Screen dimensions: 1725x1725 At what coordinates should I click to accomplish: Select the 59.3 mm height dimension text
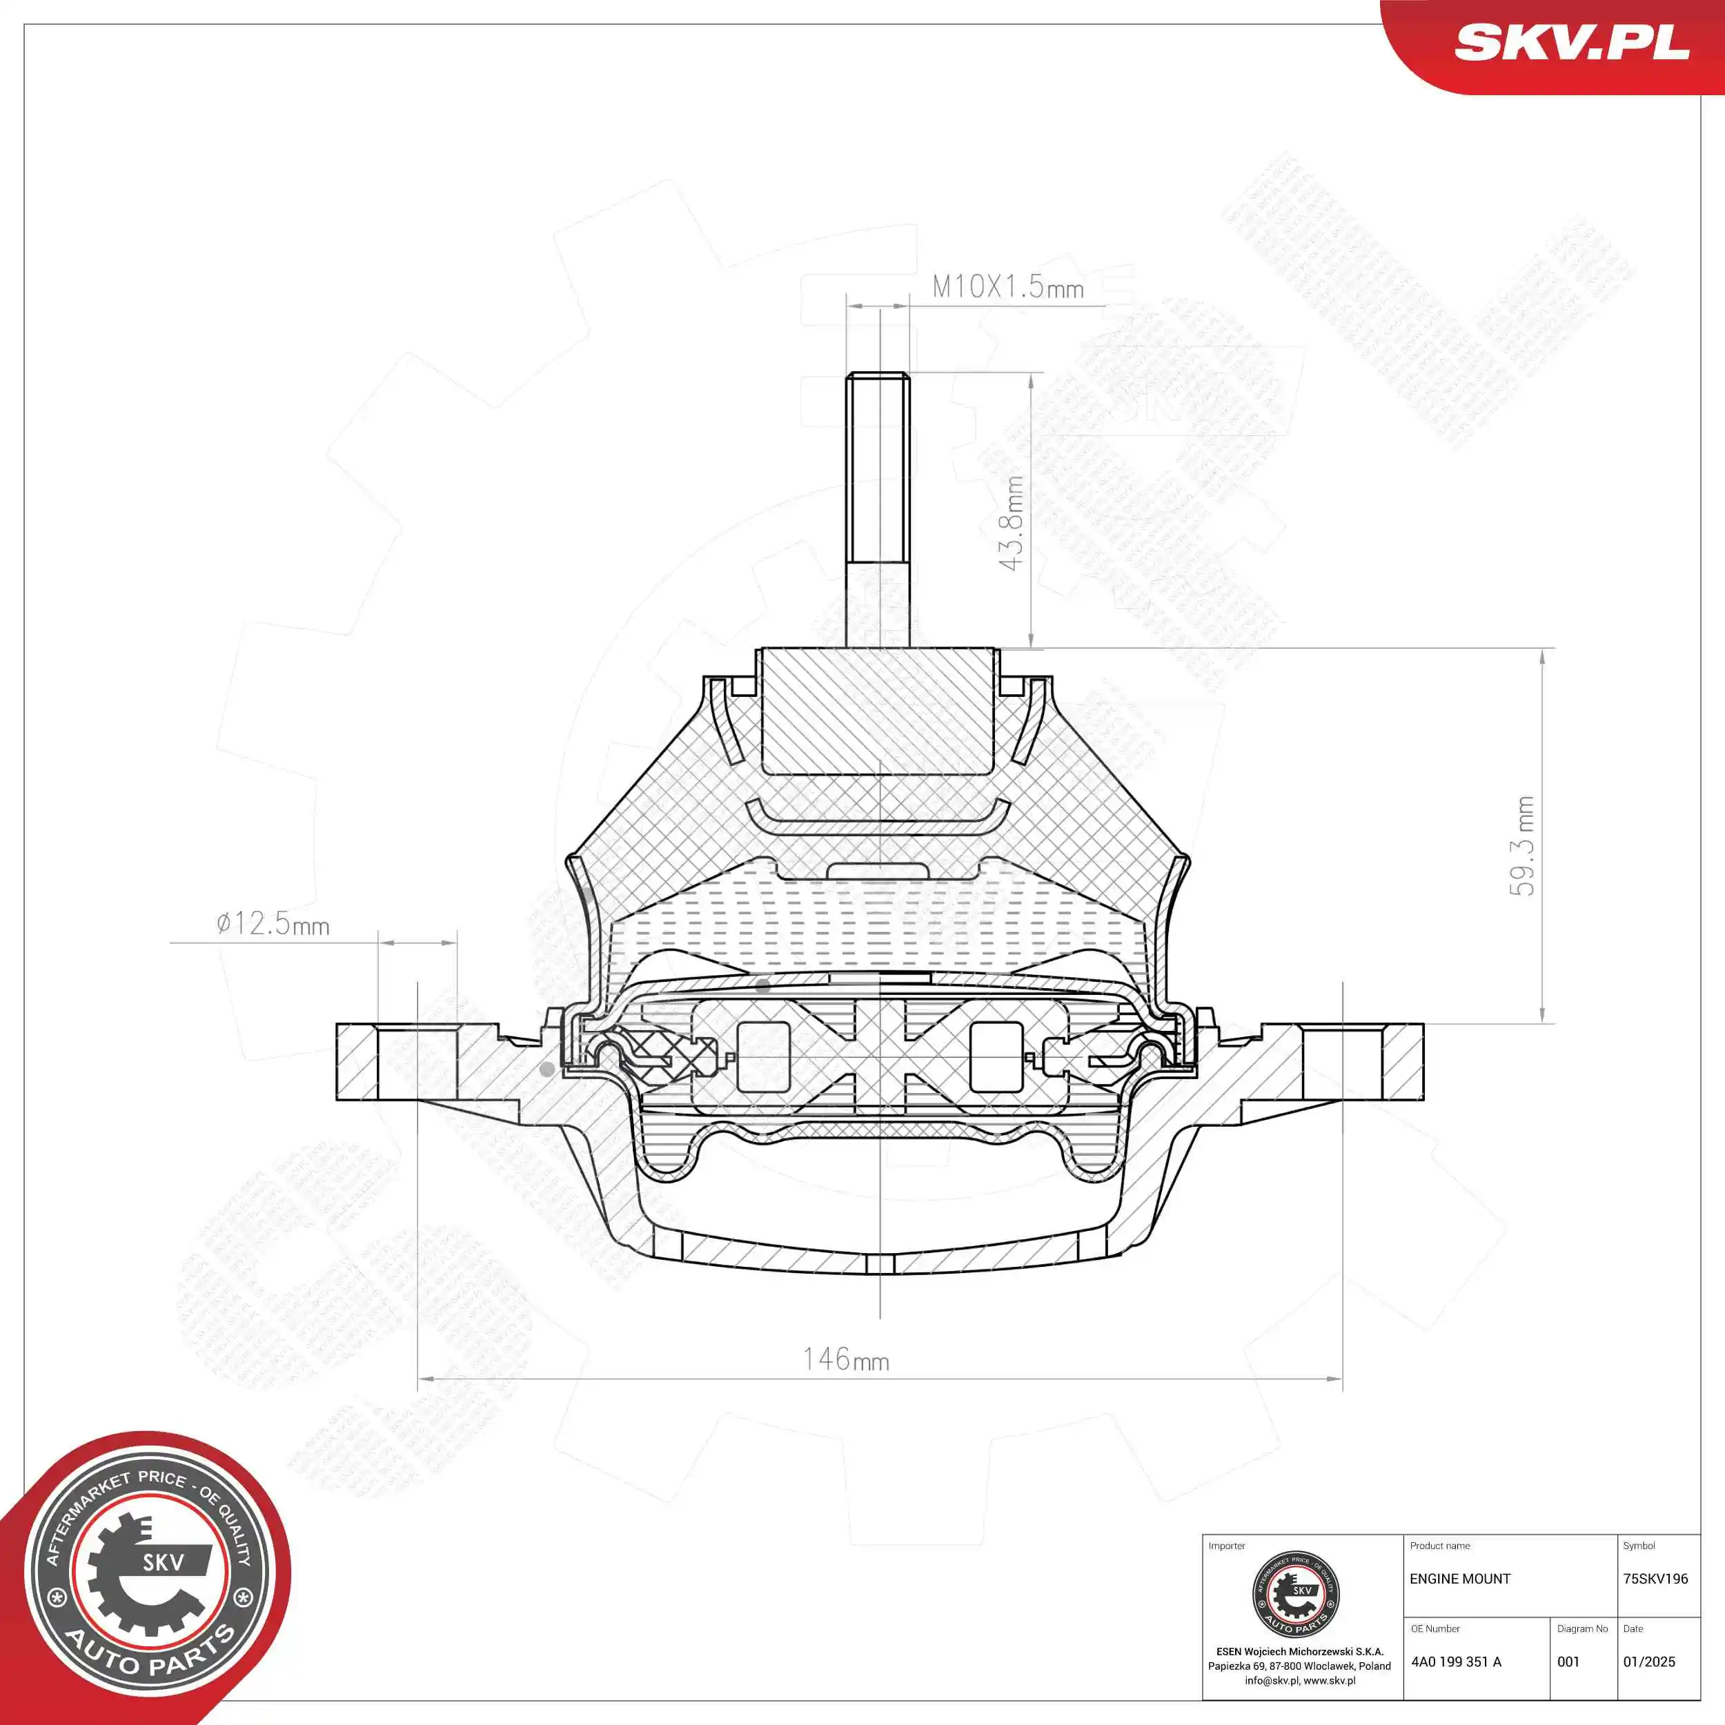click(x=1524, y=845)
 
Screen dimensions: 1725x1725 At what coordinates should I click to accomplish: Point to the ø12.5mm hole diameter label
click(x=273, y=923)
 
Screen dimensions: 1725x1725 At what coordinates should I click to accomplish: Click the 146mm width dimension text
click(x=845, y=1359)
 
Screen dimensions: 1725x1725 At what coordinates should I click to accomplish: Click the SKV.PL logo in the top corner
click(x=1571, y=42)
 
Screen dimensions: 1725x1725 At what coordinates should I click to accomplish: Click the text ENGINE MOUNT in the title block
click(x=1460, y=1579)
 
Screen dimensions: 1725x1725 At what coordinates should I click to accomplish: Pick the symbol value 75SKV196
click(x=1655, y=1579)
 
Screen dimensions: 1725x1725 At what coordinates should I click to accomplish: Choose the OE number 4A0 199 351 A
click(x=1457, y=1662)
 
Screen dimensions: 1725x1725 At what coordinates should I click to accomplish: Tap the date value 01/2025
click(x=1649, y=1662)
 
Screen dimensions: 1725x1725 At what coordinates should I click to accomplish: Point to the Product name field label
click(x=1439, y=1546)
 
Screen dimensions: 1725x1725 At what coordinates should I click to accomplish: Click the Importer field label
click(x=1226, y=1546)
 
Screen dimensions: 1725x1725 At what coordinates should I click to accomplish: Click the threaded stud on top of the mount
click(x=878, y=509)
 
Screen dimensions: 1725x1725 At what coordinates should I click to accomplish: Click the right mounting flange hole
click(x=1342, y=1062)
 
